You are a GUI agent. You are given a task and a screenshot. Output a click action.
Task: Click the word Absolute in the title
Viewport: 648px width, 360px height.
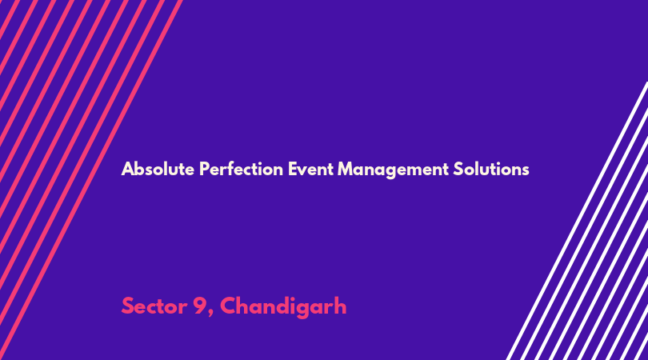click(158, 169)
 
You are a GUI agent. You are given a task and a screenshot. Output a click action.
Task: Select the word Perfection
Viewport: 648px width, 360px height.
click(241, 169)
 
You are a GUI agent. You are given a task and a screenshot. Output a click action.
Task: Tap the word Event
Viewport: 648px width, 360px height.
click(310, 169)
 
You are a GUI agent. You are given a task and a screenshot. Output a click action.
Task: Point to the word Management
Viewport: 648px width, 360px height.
click(393, 170)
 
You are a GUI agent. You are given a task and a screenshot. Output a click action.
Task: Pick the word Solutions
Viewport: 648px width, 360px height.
click(491, 169)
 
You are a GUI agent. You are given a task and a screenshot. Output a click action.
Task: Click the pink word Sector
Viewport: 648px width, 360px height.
click(154, 306)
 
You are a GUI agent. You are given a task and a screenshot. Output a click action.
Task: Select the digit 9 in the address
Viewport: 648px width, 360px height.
click(200, 306)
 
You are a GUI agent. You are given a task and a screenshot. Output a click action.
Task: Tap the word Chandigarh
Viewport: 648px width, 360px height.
click(283, 307)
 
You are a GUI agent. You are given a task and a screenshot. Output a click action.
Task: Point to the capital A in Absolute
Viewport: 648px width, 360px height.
click(128, 169)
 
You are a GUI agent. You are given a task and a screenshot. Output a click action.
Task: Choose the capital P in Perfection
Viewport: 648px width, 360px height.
click(204, 169)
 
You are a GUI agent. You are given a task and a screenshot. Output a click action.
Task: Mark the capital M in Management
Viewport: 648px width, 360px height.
click(346, 169)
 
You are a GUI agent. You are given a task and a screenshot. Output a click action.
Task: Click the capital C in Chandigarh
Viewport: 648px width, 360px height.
click(228, 306)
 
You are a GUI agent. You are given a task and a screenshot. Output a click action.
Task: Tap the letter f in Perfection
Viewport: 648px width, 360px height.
click(234, 169)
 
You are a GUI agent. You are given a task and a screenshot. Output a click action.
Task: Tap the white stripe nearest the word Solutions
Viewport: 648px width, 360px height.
click(578, 221)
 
